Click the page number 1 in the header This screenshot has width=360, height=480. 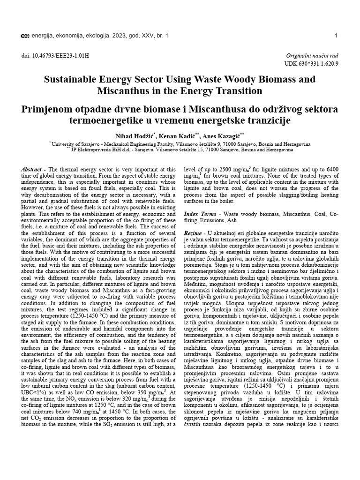[x=337, y=36]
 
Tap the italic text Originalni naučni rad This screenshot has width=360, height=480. [x=312, y=55]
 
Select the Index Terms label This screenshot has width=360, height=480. [x=198, y=213]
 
